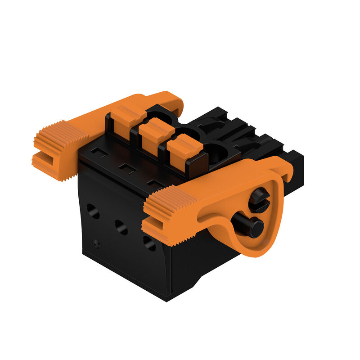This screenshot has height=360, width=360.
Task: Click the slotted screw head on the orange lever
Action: pyautogui.click(x=259, y=200)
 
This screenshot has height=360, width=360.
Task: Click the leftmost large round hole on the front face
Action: pyautogui.click(x=93, y=211)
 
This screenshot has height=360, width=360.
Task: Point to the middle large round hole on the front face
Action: pyautogui.click(x=121, y=227)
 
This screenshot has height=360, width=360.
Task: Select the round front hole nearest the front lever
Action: pyautogui.click(x=149, y=243)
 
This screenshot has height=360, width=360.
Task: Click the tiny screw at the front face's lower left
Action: pyautogui.click(x=96, y=243)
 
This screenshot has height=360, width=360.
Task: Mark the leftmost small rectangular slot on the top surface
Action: pyautogui.click(x=99, y=153)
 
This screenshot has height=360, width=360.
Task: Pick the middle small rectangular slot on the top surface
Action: pyautogui.click(x=127, y=169)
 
